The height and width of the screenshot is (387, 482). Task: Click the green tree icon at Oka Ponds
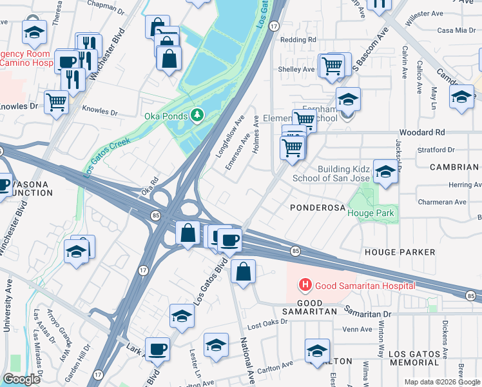[x=197, y=116]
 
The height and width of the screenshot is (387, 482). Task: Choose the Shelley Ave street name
[x=295, y=69]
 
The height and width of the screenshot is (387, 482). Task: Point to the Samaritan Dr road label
[x=368, y=313]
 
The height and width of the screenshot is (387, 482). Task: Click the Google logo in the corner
[x=21, y=379]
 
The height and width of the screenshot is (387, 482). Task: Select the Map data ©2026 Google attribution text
[x=441, y=382]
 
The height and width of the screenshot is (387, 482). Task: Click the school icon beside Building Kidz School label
[x=385, y=172]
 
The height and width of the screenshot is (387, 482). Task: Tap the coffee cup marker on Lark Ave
[x=157, y=349]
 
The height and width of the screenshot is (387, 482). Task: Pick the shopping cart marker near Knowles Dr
[x=56, y=101]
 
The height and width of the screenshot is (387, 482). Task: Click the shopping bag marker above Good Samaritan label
[x=243, y=272]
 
